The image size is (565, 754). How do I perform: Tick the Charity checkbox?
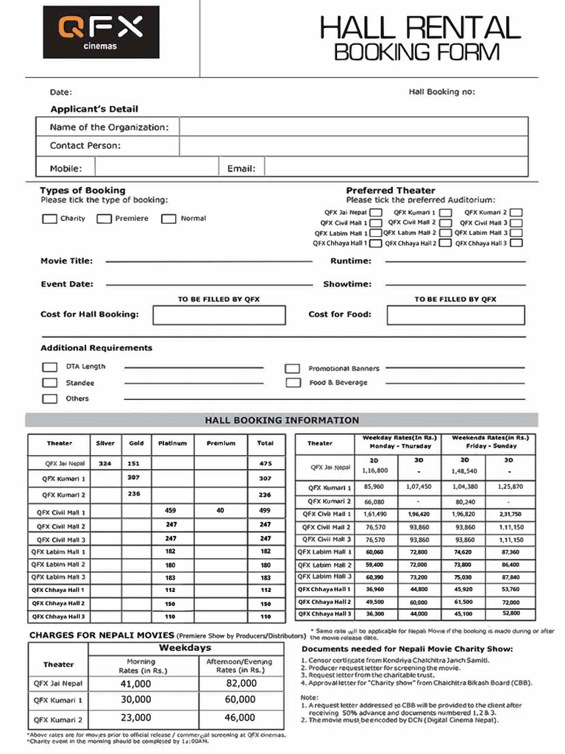(49, 219)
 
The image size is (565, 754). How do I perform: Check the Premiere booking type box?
(104, 219)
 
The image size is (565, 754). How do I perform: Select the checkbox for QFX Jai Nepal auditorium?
(375, 212)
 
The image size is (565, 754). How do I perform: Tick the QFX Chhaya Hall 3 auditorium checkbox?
(516, 243)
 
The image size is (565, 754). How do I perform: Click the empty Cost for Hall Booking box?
(218, 315)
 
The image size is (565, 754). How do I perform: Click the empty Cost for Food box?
(455, 315)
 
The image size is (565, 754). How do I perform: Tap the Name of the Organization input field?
(353, 127)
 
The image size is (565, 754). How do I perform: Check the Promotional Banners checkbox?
(293, 368)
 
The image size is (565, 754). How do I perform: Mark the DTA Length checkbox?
(49, 367)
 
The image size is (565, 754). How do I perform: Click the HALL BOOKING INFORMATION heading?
(282, 420)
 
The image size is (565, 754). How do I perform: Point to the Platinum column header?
(173, 443)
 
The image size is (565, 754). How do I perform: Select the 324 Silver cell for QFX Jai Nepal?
(105, 464)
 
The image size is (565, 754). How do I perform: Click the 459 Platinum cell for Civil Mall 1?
(171, 510)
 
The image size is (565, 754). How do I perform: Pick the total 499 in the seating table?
(266, 510)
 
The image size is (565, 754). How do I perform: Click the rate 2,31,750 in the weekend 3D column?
(509, 514)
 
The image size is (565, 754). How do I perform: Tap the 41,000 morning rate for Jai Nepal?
(136, 683)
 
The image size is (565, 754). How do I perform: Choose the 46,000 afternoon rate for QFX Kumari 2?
(241, 717)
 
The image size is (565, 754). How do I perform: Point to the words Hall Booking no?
(441, 92)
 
